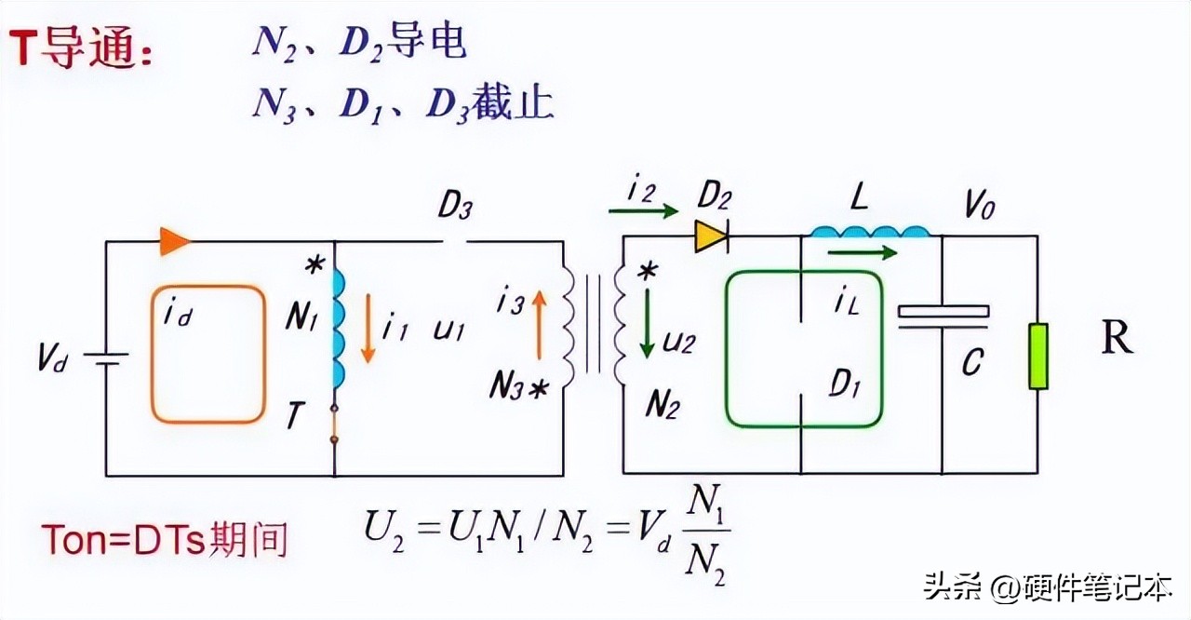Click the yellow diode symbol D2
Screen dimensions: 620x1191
(711, 237)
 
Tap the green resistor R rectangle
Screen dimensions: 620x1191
(1037, 356)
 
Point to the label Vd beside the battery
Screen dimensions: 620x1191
(54, 359)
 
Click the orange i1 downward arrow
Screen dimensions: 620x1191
(368, 328)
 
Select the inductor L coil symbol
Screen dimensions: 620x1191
(871, 232)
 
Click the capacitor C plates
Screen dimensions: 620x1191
(943, 315)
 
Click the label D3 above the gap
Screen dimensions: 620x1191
(453, 208)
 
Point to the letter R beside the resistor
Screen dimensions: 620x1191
(1117, 340)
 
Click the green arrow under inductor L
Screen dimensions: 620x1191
(862, 251)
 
